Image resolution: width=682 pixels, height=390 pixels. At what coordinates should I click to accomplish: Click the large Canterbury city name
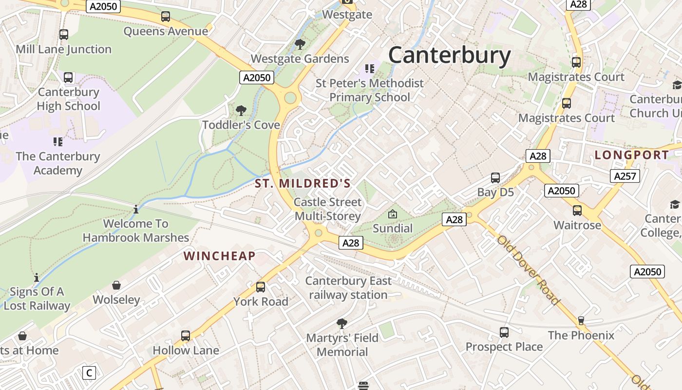click(x=449, y=55)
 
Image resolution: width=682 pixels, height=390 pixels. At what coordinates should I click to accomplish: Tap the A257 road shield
click(x=625, y=176)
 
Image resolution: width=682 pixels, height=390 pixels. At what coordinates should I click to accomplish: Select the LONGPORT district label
click(x=632, y=155)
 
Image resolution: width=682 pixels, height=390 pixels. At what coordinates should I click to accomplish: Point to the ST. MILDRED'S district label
click(x=303, y=184)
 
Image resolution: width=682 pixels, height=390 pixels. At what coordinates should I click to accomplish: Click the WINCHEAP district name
click(x=219, y=256)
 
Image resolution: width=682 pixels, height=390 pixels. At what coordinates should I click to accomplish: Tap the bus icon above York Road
click(x=261, y=287)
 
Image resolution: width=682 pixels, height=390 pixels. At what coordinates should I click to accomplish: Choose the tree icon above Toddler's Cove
click(x=241, y=111)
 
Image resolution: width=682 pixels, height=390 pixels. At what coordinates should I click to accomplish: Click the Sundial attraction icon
click(x=392, y=214)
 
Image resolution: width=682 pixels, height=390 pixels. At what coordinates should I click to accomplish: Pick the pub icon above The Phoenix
click(x=581, y=320)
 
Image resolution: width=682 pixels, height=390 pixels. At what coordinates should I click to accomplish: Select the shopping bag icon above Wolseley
click(x=116, y=285)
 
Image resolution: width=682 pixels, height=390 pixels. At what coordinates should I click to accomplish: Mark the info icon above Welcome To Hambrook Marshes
click(x=136, y=209)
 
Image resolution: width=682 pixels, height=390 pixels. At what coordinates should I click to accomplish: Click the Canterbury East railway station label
click(x=348, y=288)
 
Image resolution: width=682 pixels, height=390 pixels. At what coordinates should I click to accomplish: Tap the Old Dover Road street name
click(x=528, y=271)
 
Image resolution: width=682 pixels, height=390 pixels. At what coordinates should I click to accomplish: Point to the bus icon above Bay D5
click(x=495, y=177)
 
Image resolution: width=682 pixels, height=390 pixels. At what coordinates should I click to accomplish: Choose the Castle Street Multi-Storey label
click(x=328, y=209)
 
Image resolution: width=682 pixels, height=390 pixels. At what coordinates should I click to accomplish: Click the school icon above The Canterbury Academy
click(x=58, y=142)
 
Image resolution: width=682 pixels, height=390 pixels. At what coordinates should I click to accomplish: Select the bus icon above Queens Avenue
click(x=166, y=17)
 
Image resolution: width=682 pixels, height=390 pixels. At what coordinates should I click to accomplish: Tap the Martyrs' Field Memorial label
click(x=342, y=345)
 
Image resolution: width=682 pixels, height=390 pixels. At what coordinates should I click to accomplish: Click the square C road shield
click(x=89, y=373)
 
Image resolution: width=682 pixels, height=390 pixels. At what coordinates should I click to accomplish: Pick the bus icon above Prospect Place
click(x=504, y=332)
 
